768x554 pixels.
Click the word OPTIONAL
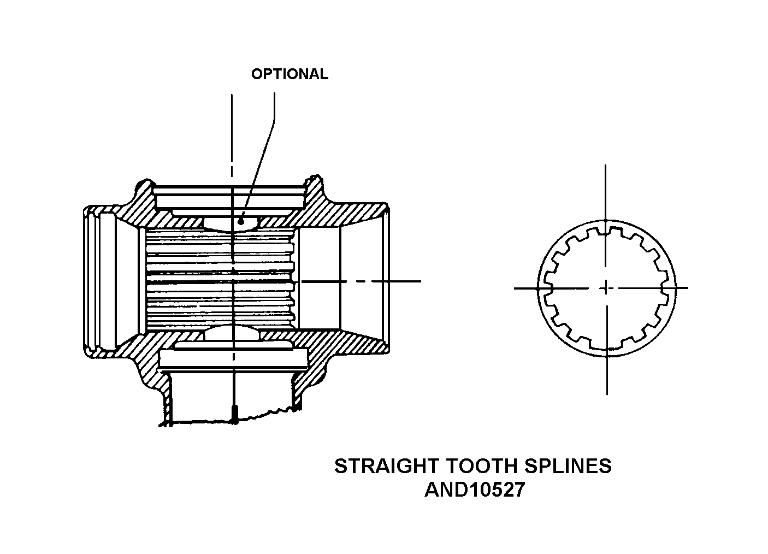coord(290,74)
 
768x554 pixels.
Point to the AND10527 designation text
coord(474,490)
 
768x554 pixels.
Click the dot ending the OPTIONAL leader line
coord(241,221)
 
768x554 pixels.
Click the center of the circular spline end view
coord(606,287)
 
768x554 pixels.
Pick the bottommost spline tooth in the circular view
coord(606,345)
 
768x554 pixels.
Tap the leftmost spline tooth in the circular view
coord(548,287)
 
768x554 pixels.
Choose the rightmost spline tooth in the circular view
coord(665,287)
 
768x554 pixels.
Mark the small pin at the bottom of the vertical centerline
coord(233,414)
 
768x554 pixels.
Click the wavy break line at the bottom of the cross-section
coord(262,416)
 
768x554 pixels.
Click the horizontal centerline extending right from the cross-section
coord(382,281)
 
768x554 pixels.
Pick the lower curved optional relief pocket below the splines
coord(233,333)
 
